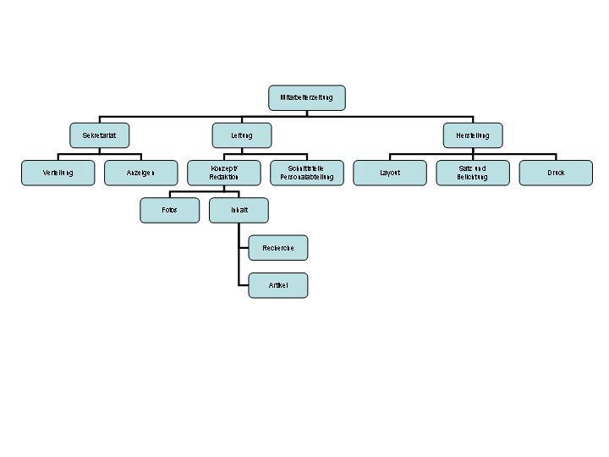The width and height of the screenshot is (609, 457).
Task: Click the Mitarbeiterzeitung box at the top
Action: (306, 97)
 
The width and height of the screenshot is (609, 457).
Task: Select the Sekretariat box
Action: (99, 135)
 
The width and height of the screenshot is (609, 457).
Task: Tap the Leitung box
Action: (241, 135)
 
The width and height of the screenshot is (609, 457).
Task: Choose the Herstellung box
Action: (472, 135)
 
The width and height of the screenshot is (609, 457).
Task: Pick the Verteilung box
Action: (58, 173)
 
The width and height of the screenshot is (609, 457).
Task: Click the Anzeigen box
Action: (140, 173)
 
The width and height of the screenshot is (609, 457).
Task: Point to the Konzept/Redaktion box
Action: (223, 173)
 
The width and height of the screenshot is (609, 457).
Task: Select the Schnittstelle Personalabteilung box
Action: (306, 173)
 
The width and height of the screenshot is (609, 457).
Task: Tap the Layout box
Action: (389, 173)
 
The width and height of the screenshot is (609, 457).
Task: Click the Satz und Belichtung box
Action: (472, 173)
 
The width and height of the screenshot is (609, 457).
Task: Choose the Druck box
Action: (555, 173)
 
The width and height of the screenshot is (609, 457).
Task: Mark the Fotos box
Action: (169, 210)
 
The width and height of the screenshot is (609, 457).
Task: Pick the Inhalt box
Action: (239, 210)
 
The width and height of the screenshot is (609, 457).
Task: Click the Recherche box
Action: (277, 248)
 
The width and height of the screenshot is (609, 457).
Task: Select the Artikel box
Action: (277, 285)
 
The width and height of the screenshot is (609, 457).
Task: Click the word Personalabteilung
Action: (306, 178)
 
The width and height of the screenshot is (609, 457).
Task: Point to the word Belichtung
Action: (472, 178)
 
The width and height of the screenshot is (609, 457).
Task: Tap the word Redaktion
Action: (223, 178)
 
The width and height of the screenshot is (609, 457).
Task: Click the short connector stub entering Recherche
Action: (244, 248)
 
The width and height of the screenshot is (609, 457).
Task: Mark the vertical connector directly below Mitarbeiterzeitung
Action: (306, 113)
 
